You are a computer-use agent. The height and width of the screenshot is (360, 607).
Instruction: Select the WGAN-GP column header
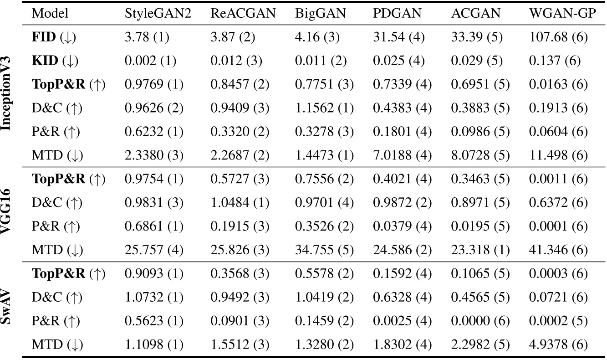pos(562,14)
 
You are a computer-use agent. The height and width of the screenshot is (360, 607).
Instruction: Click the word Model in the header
pos(50,14)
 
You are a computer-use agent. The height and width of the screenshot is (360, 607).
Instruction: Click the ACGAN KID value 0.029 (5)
pos(477,61)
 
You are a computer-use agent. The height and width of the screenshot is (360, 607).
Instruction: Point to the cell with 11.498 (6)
pos(562,156)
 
